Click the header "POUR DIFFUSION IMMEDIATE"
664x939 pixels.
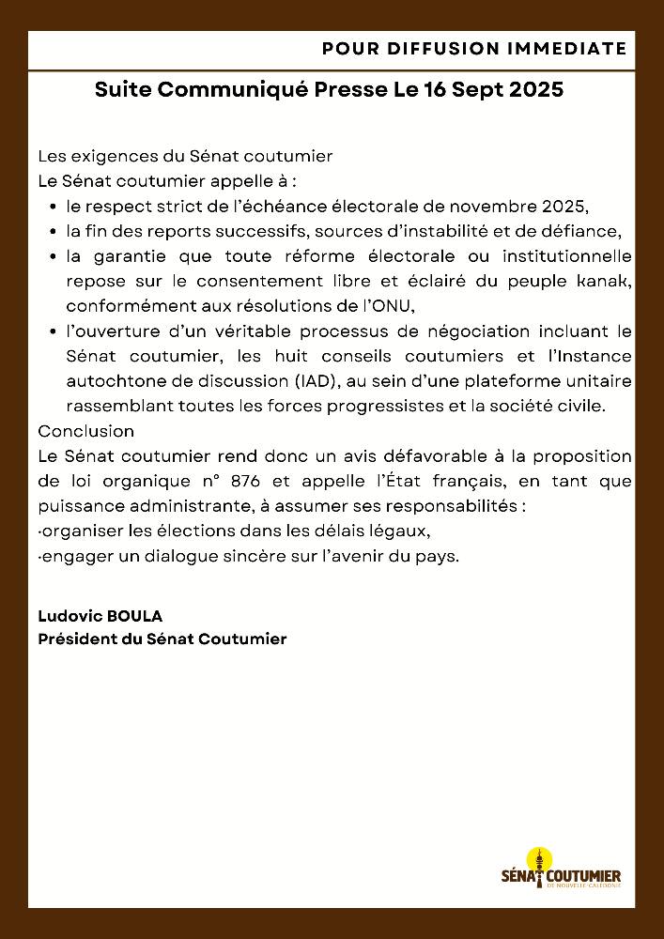click(473, 48)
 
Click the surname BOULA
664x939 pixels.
click(136, 616)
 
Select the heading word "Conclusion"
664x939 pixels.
click(85, 431)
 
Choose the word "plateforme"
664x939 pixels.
click(512, 381)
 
